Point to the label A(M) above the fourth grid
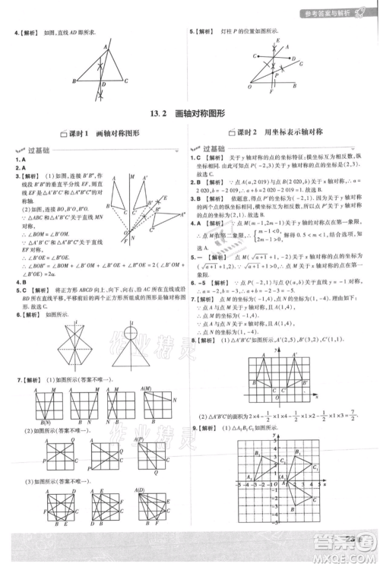click(x=148, y=390)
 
